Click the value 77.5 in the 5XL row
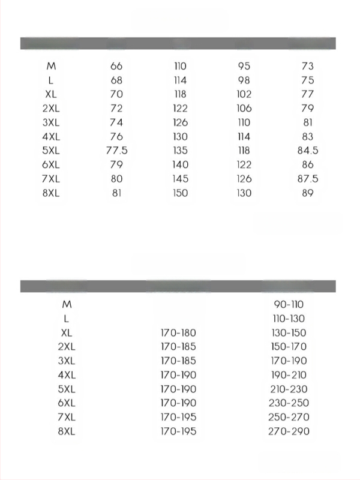point(116,151)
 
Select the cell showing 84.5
point(307,151)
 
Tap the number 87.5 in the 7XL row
point(307,179)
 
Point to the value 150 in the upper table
point(180,193)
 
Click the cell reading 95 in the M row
point(244,66)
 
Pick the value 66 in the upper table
point(116,66)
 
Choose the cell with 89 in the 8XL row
point(307,193)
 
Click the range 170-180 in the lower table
point(178,333)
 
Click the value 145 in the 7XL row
point(180,179)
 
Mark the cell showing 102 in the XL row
point(244,94)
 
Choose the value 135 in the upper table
point(180,151)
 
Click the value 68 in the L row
point(116,80)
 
